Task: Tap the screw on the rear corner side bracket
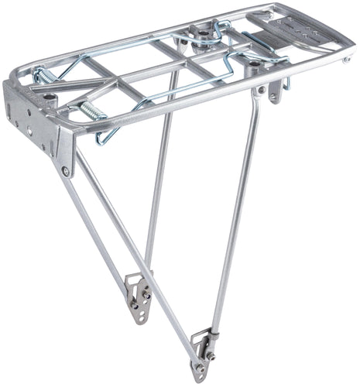(66, 170)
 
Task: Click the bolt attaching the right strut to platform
(261, 90)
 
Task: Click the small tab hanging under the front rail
(276, 92)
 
